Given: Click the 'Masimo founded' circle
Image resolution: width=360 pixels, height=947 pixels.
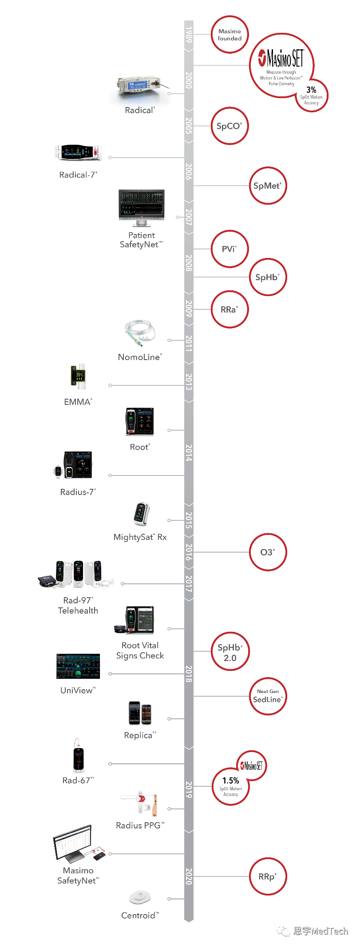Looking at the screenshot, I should pos(229,35).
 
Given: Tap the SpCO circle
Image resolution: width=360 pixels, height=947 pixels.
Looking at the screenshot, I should pos(229,126).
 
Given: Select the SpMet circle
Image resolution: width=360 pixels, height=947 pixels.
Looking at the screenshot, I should pos(267,186).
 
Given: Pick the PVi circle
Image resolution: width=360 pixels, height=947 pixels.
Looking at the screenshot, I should pos(229,249).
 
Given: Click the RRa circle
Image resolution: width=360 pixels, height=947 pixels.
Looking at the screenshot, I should pos(229,309).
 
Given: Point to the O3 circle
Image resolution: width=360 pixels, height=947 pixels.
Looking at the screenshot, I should pos(267,552).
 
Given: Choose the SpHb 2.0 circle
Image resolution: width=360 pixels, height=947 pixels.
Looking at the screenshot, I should pos(230,652).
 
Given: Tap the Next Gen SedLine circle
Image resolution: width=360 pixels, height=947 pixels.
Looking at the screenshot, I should pos(267,696).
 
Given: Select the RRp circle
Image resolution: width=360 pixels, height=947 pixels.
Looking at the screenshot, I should pos(267,876).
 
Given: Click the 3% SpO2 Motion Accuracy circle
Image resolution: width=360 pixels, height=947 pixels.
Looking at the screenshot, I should pos(312,96).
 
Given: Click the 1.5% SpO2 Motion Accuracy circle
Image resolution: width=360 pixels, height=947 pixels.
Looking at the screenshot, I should pos(230,786).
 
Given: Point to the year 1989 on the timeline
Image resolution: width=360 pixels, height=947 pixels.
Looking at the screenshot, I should pos(189,35).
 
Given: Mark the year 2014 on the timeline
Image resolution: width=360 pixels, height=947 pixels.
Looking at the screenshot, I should pos(189,452).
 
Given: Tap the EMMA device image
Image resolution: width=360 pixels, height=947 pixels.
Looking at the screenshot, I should pos(79,376).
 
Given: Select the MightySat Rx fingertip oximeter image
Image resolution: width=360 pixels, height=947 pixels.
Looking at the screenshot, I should pos(141,514).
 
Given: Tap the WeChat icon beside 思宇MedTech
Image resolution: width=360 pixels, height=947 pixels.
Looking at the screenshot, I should pos(283,930).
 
